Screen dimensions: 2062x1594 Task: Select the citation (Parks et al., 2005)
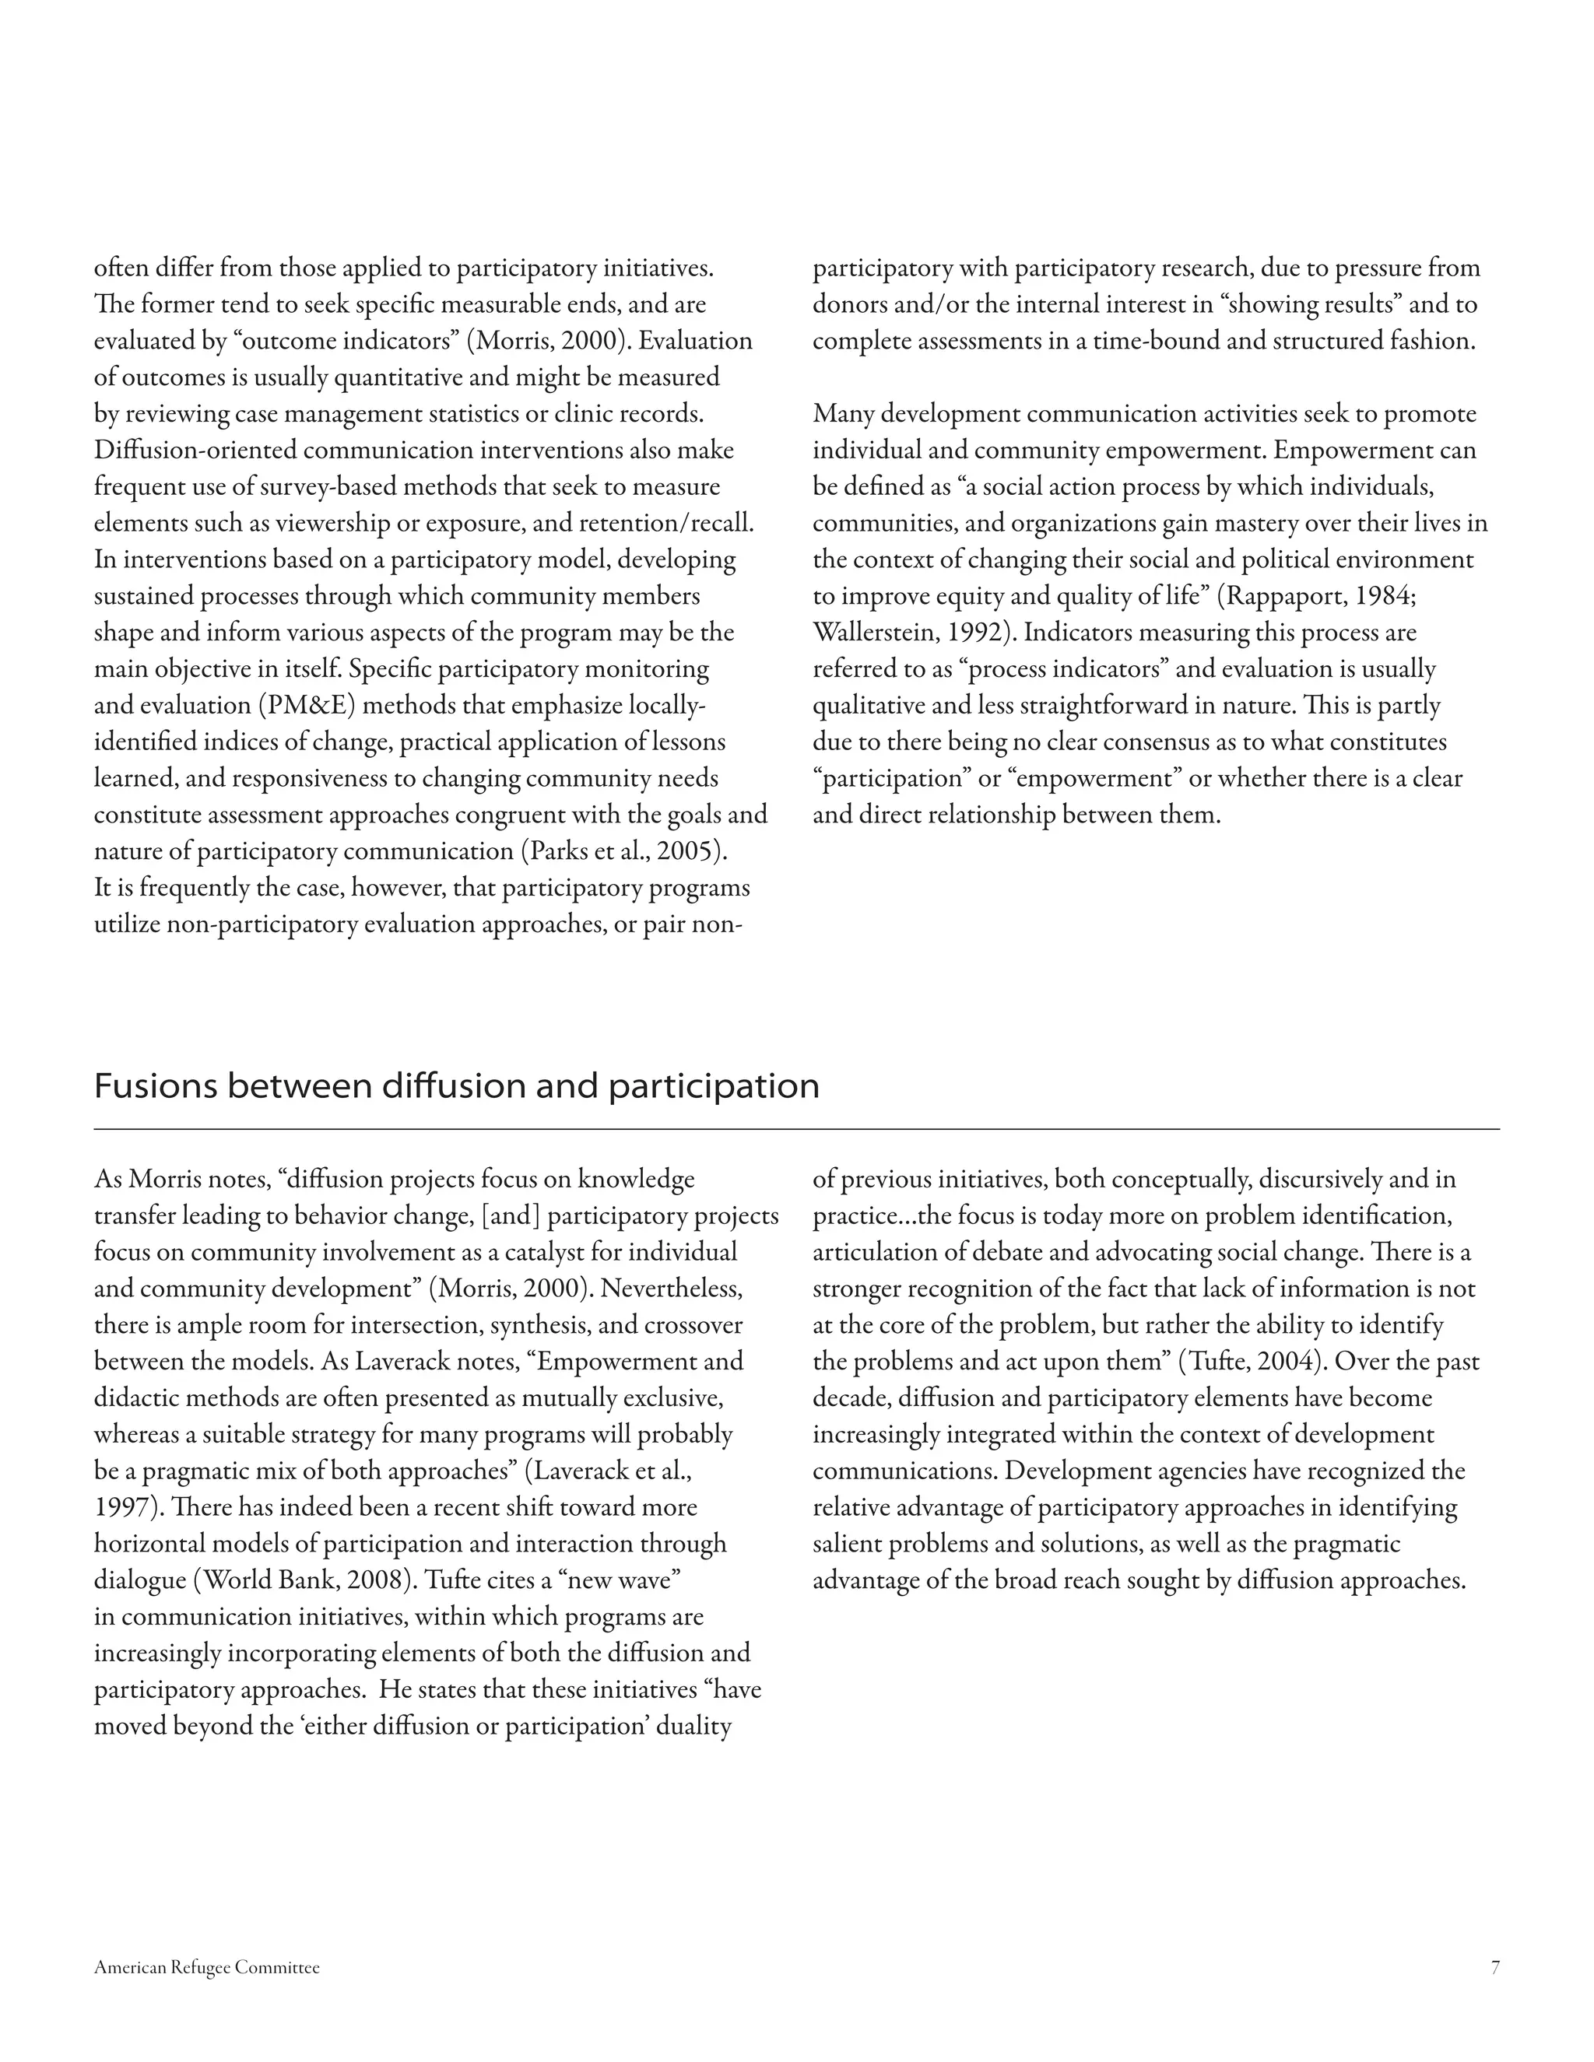pos(624,851)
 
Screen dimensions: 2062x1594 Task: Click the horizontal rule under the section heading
pos(796,1128)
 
